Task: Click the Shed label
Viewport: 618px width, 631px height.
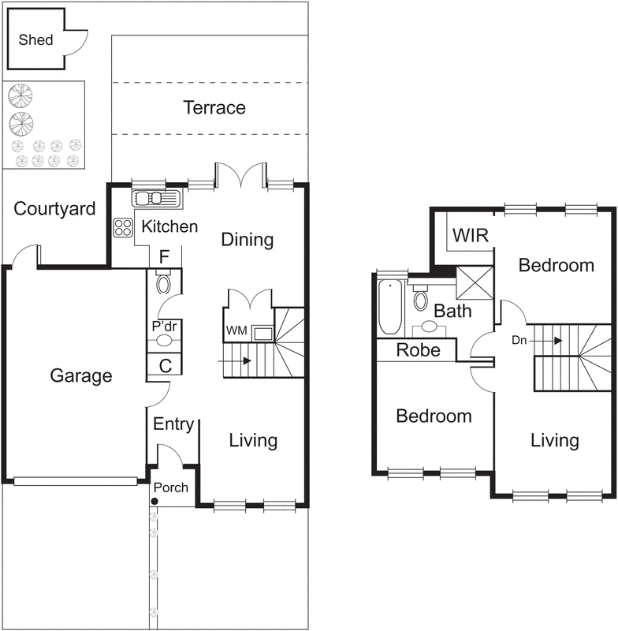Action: [x=36, y=39]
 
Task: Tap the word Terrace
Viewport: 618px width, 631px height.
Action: [x=214, y=107]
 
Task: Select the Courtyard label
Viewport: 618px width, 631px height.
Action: [x=55, y=209]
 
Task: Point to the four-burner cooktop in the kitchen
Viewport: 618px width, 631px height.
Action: [x=124, y=227]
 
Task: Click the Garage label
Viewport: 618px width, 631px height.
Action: [x=81, y=376]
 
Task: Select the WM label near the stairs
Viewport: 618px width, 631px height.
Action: [x=236, y=329]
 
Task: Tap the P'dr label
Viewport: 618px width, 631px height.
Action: [x=162, y=325]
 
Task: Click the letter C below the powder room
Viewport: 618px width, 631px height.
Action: [x=165, y=365]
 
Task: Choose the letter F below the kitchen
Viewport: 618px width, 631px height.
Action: [x=164, y=256]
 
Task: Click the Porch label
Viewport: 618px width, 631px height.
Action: [x=171, y=487]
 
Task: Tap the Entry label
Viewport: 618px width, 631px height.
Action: [x=173, y=424]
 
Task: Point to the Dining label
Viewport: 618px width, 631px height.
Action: [x=247, y=240]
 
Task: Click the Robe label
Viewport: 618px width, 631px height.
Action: [x=418, y=350]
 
